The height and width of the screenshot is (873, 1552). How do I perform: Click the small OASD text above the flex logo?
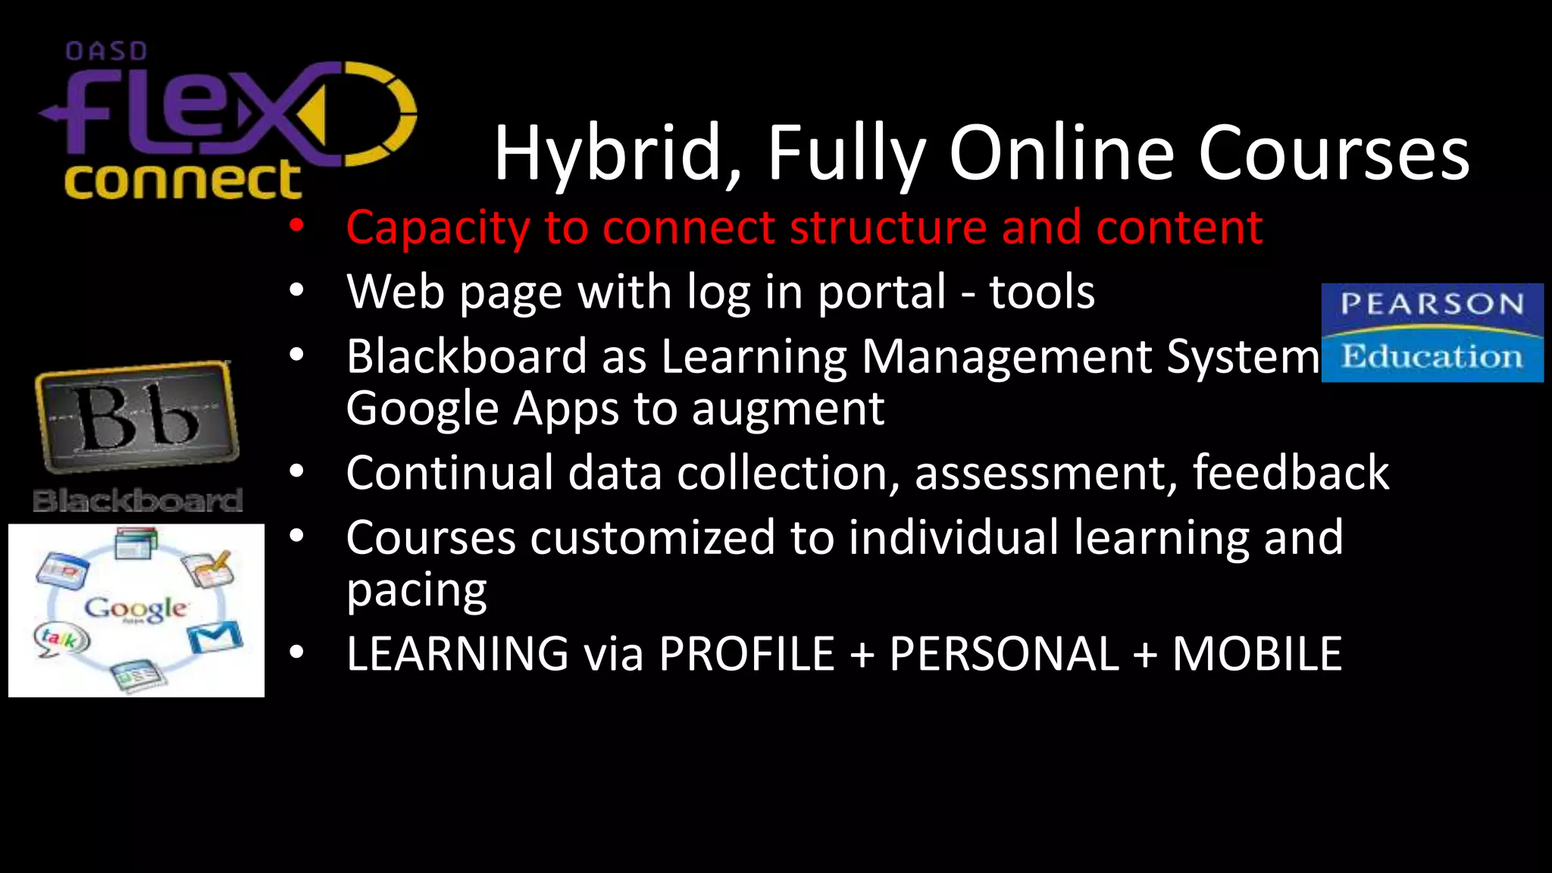click(106, 52)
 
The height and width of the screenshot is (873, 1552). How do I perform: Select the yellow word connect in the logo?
click(183, 180)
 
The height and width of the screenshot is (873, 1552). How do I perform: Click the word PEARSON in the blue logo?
click(1432, 305)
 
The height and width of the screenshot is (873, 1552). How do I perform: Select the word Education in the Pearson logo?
click(1432, 356)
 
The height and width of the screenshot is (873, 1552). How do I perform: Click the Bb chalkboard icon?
click(137, 417)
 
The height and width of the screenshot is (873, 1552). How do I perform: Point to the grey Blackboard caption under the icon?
click(137, 501)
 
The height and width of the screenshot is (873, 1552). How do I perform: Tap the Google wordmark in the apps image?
click(136, 609)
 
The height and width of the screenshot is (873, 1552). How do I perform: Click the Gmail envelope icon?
click(215, 637)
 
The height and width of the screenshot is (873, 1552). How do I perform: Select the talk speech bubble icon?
click(61, 639)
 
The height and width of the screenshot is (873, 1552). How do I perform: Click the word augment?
click(787, 410)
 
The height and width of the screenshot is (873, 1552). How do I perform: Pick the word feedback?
click(1291, 473)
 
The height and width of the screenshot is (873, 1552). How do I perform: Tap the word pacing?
click(416, 591)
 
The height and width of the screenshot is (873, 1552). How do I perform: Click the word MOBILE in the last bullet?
click(1257, 654)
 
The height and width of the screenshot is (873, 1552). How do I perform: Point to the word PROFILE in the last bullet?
click(746, 654)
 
